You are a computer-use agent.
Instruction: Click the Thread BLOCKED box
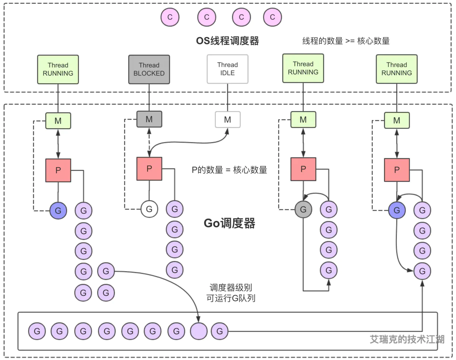pos(149,69)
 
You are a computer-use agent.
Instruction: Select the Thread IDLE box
pos(227,69)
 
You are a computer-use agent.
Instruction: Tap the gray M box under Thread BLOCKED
pos(149,119)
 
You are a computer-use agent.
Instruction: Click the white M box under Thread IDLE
pos(227,120)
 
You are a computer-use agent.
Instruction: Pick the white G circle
pos(149,209)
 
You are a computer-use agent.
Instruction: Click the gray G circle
pos(303,209)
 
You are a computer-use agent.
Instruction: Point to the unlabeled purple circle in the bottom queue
pos(199,331)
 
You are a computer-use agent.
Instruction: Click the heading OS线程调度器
pos(227,41)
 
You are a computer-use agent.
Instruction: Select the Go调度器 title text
pos(229,223)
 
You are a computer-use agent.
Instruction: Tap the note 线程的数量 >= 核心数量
pos(346,41)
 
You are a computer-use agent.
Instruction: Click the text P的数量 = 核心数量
pos(229,170)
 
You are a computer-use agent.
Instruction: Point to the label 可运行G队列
pos(231,298)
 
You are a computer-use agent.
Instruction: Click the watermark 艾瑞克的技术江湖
pos(407,339)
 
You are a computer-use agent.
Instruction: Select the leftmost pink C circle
pos(170,17)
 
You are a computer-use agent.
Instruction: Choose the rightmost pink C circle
pos(272,17)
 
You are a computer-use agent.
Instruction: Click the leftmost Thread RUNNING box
pos(58,69)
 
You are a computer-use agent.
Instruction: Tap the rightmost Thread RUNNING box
pos(396,69)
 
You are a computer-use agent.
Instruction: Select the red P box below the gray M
pos(149,169)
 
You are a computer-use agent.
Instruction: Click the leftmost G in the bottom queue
pos(37,331)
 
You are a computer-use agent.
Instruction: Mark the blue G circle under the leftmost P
pos(58,210)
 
